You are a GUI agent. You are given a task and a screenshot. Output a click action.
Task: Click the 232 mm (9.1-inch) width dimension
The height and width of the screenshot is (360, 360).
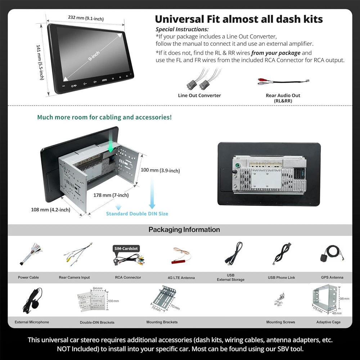86,18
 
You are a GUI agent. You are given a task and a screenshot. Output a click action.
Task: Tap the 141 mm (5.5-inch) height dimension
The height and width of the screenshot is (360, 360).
40,62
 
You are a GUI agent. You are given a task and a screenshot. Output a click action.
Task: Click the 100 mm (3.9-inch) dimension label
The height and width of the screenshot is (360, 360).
160,170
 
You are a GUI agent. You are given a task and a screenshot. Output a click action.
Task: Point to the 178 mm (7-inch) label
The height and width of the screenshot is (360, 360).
111,195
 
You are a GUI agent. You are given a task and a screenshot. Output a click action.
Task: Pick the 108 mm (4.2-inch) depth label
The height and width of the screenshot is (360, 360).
50,210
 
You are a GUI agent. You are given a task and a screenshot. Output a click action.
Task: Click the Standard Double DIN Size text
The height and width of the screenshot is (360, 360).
137,214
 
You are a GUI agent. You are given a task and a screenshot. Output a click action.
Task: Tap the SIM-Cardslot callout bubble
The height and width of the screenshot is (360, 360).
126,249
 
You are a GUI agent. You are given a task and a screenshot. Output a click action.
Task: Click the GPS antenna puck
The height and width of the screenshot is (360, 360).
324,258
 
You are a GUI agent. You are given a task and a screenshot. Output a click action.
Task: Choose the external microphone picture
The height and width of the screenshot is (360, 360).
33,300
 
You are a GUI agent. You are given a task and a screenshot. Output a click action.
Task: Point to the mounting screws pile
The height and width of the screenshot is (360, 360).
280,300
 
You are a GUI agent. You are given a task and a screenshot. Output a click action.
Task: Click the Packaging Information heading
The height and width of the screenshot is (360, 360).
184,230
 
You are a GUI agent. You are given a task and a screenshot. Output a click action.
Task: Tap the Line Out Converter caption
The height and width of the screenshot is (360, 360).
199,95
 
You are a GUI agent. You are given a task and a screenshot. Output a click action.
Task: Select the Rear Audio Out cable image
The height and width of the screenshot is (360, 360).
283,81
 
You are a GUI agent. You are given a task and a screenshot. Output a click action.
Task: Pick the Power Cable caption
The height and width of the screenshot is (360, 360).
28,277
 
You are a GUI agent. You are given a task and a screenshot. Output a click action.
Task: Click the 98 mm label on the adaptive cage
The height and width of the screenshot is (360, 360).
345,299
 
